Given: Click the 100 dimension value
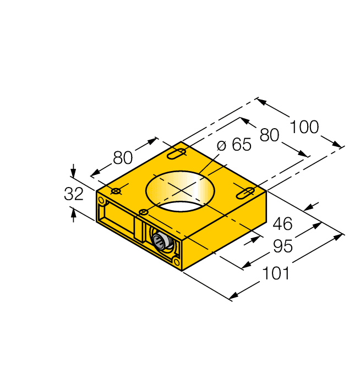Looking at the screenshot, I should click(304, 127).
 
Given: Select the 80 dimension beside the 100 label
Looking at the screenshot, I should click(269, 135).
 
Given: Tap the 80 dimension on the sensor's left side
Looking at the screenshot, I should click(123, 158).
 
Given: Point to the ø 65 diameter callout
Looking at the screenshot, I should click(234, 145).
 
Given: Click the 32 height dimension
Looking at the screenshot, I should click(74, 194).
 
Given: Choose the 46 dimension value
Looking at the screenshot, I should click(282, 224).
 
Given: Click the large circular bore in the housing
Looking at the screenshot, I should click(179, 190).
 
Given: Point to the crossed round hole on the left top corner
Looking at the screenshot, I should click(116, 191).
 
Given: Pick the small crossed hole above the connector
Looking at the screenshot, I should click(143, 212).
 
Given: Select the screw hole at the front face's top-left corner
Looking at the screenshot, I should click(101, 200).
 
